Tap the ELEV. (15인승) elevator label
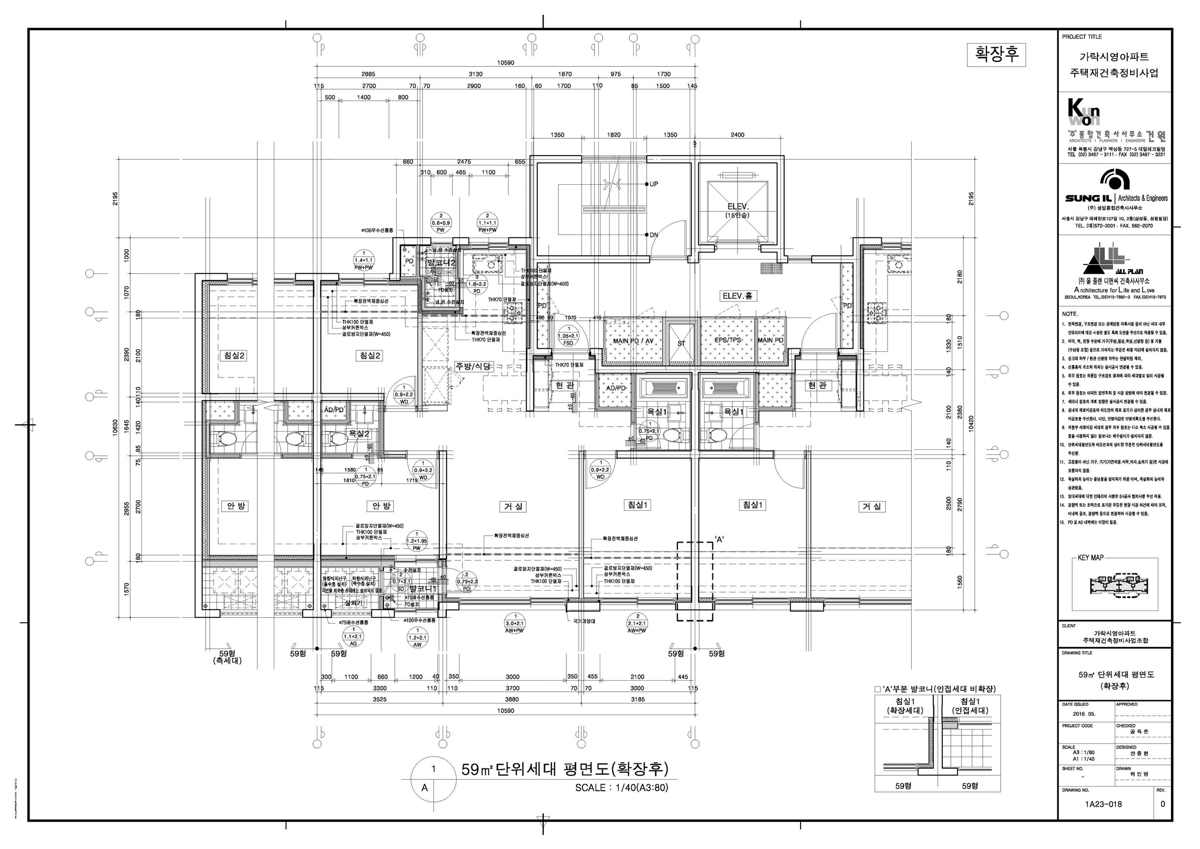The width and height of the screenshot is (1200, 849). pyautogui.click(x=738, y=209)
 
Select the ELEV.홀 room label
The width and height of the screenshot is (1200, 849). pyautogui.click(x=737, y=296)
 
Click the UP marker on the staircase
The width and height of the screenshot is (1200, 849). pyautogui.click(x=653, y=184)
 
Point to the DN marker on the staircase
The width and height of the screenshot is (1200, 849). pyautogui.click(x=653, y=235)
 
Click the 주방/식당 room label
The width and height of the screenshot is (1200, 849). pyautogui.click(x=474, y=367)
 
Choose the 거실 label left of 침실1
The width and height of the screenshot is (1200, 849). pyautogui.click(x=513, y=506)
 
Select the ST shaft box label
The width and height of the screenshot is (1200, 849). pyautogui.click(x=681, y=343)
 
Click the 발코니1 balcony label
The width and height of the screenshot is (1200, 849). pyautogui.click(x=422, y=588)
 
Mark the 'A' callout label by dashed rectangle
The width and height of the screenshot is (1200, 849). pyautogui.click(x=719, y=539)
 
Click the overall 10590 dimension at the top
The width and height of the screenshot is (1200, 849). pyautogui.click(x=505, y=63)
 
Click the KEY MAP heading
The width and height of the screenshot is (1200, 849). pyautogui.click(x=1090, y=558)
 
